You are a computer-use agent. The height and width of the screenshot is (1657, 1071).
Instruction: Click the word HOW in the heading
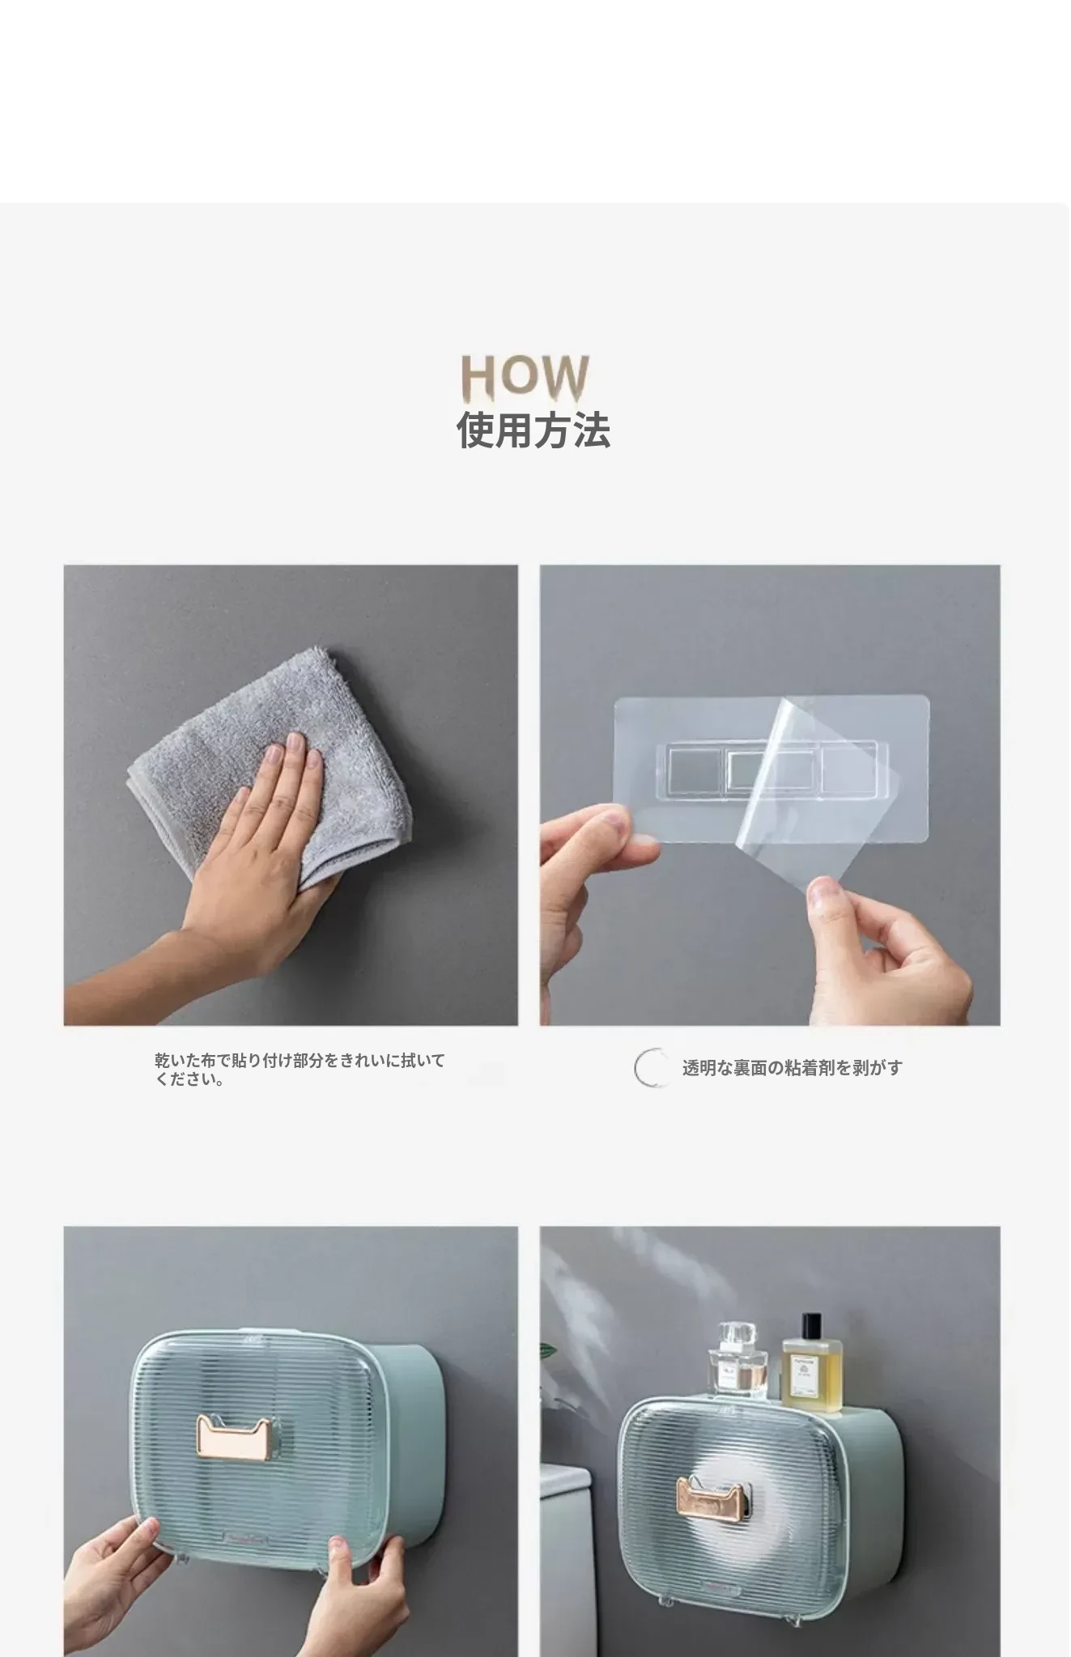525,379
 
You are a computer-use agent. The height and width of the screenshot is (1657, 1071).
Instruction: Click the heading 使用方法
533,430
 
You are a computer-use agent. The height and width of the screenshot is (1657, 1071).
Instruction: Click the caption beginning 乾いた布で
300,1069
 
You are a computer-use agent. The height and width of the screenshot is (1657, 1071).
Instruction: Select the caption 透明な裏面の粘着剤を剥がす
792,1068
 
